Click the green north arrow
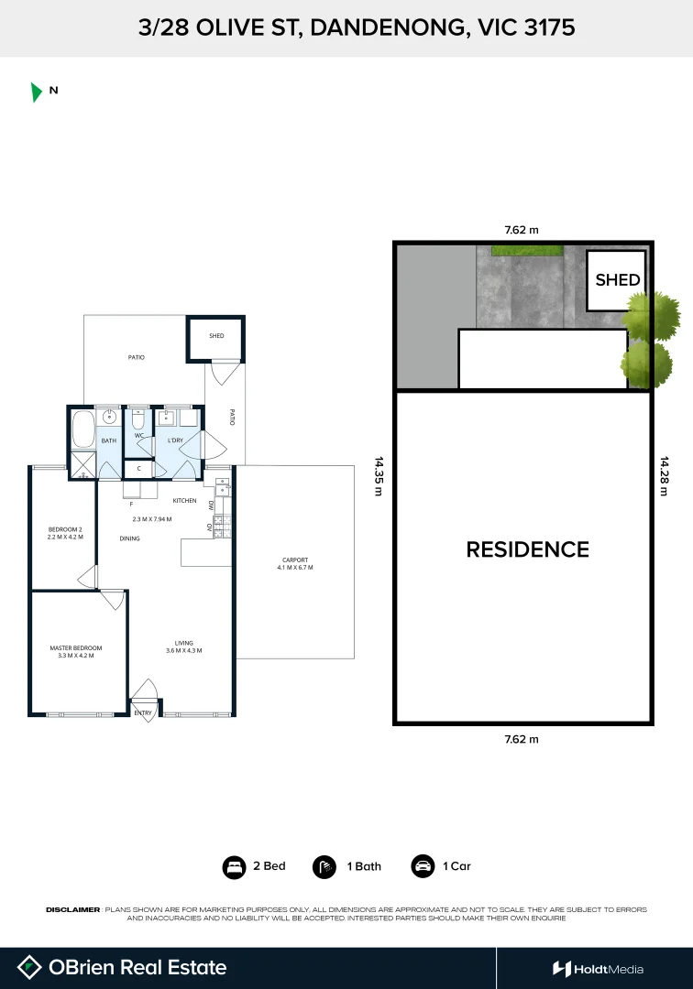point(36,92)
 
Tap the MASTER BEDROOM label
point(75,652)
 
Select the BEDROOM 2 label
point(65,533)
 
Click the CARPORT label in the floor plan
point(295,563)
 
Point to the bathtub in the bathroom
point(82,429)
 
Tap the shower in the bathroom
point(82,465)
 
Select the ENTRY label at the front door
point(143,712)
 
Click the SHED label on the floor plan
point(216,336)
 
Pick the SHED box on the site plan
point(617,280)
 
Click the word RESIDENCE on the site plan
point(527,549)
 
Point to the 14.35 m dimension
point(378,476)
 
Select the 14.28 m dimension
point(664,476)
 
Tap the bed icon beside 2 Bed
point(234,866)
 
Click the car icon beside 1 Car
point(423,866)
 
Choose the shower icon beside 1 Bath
point(324,866)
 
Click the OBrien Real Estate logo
point(123,967)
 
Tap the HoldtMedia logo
point(598,969)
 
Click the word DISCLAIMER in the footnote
point(72,909)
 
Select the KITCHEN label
point(185,501)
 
